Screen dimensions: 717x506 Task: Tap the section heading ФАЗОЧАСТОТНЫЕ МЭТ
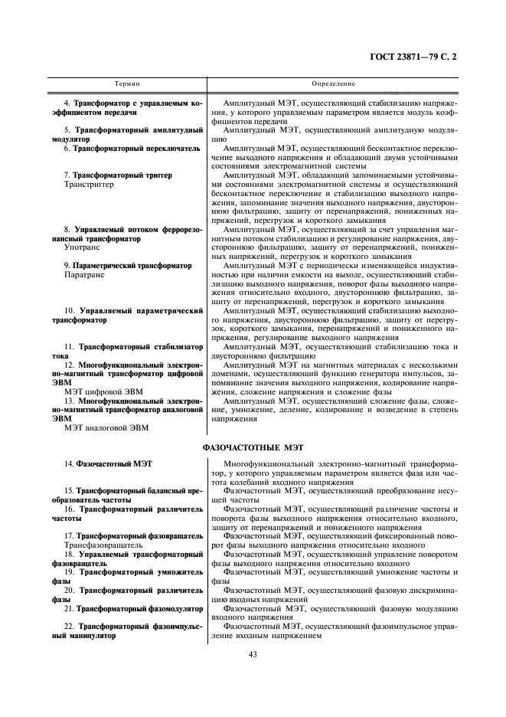(252, 445)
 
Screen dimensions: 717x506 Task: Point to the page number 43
(252, 654)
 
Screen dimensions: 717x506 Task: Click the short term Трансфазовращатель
(103, 545)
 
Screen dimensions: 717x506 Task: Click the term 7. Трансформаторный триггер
(118, 175)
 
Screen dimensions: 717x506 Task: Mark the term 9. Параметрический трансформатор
(128, 264)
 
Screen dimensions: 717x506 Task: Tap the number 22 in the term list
(68, 626)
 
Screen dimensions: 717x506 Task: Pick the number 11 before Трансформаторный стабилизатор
(68, 346)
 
